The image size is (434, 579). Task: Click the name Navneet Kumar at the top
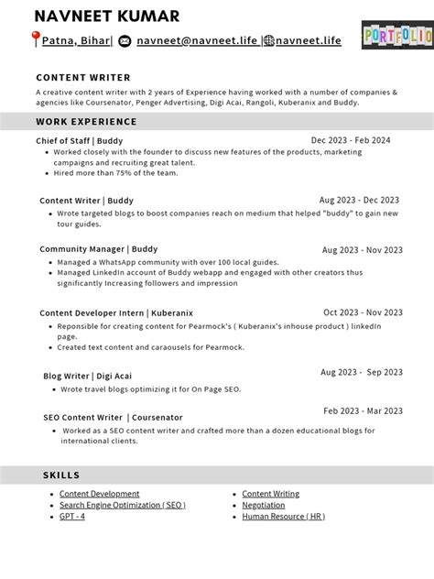click(x=106, y=16)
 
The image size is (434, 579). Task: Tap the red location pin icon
click(x=36, y=39)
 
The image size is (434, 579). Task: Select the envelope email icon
click(x=125, y=40)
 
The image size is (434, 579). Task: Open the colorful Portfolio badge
click(x=396, y=35)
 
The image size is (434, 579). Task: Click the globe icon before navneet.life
click(x=268, y=40)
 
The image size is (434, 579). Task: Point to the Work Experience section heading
click(x=86, y=121)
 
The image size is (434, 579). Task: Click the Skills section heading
click(x=61, y=475)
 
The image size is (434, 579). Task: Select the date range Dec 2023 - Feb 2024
click(x=351, y=140)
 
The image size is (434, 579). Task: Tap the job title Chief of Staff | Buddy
click(x=79, y=140)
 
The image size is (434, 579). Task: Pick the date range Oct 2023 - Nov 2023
click(x=363, y=312)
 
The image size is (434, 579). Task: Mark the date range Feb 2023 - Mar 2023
click(x=363, y=411)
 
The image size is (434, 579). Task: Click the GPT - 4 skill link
click(x=72, y=516)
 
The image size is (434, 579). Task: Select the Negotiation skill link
click(x=263, y=505)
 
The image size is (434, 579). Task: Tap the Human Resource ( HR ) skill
click(x=283, y=516)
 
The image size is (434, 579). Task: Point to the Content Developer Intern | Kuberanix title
click(x=103, y=312)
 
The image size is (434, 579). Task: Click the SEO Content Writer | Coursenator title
click(x=113, y=417)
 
